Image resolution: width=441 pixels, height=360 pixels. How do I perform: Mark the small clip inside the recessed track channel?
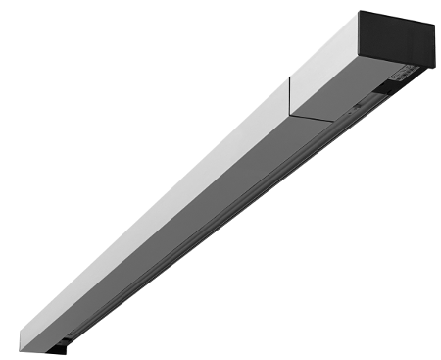tap(359, 104)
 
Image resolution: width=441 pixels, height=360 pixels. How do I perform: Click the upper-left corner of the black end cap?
tap(360, 12)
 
